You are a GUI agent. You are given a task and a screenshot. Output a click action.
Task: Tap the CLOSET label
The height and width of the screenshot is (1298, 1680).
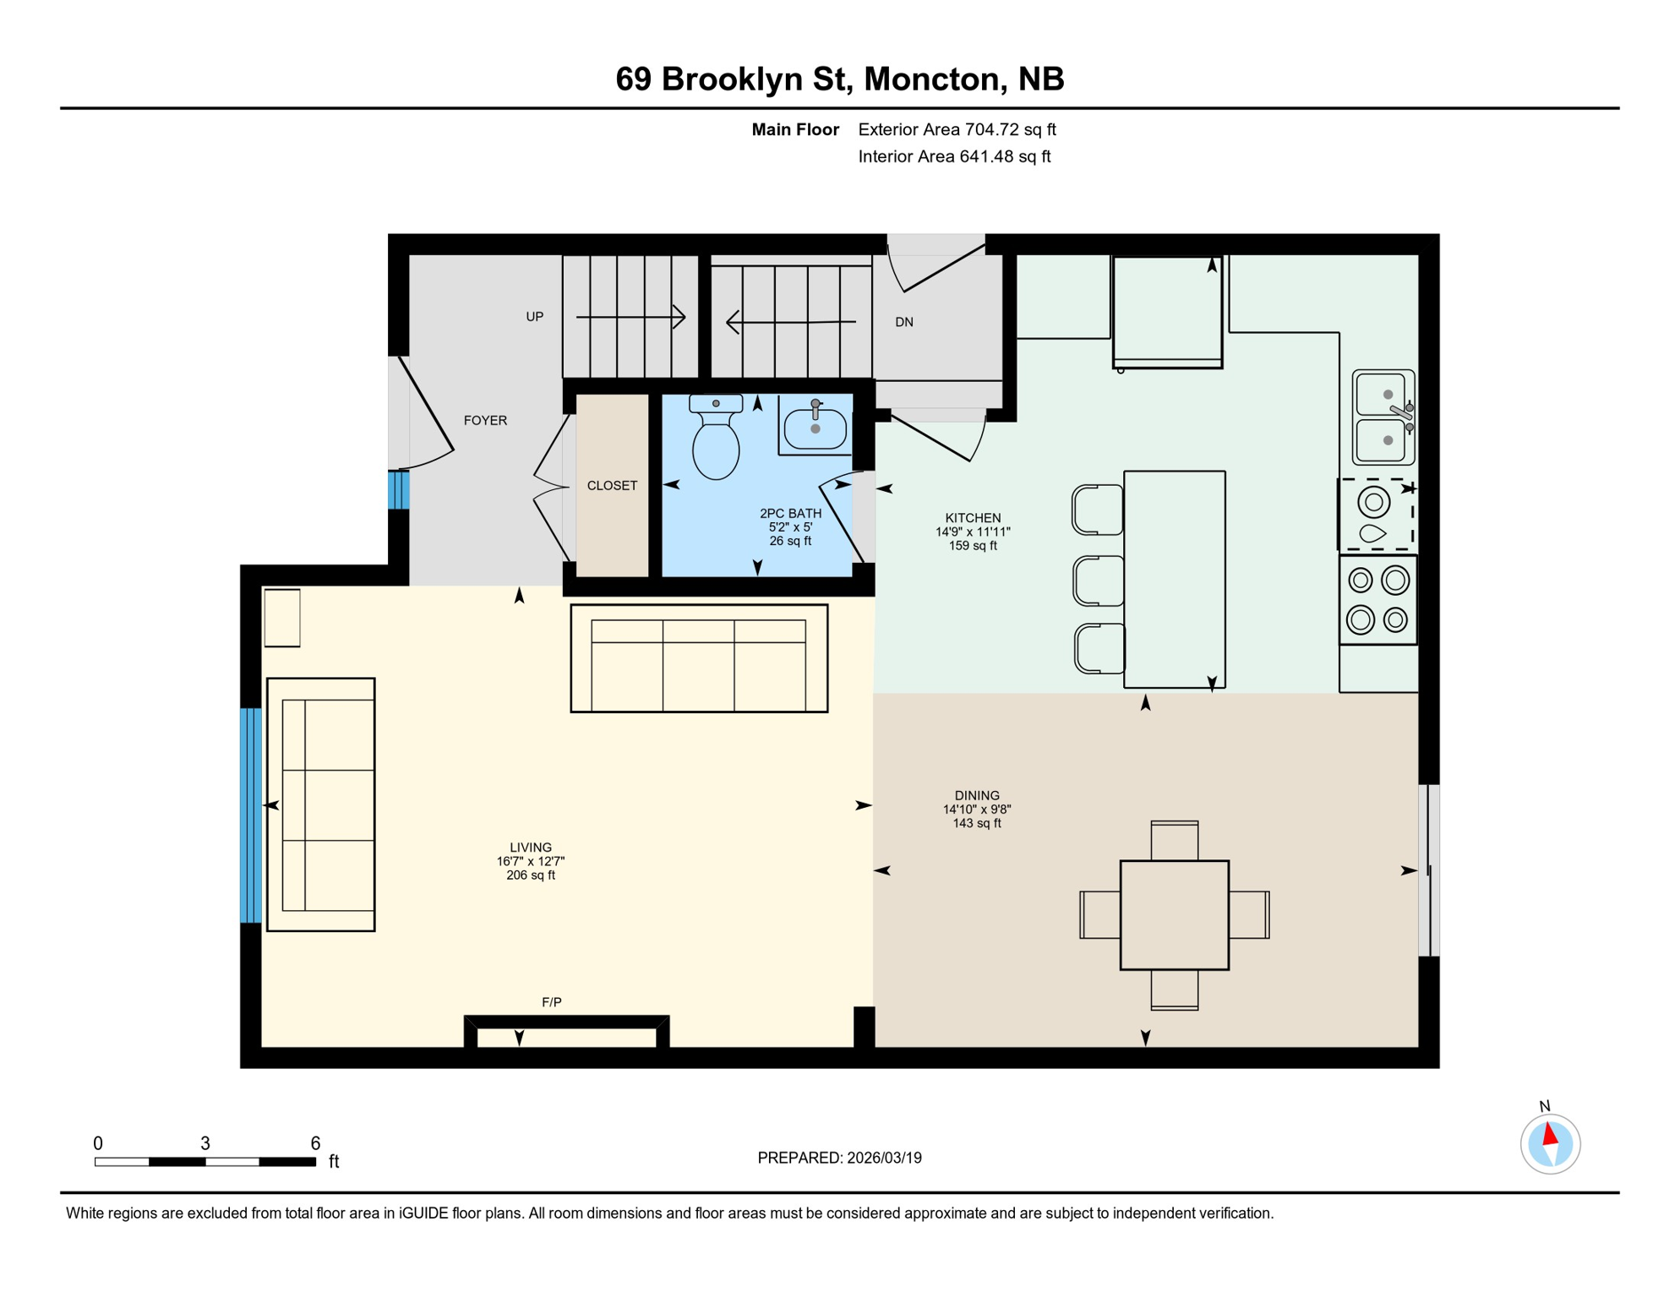pyautogui.click(x=612, y=486)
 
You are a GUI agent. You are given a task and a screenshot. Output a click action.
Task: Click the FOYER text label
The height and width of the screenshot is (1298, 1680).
pyautogui.click(x=485, y=421)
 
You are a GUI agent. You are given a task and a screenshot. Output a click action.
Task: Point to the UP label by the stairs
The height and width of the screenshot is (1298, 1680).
pyautogui.click(x=534, y=317)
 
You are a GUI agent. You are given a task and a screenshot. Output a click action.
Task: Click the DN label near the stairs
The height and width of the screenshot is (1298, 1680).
pyautogui.click(x=904, y=322)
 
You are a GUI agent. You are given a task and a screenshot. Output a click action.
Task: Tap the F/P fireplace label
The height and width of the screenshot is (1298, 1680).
pyautogui.click(x=551, y=1002)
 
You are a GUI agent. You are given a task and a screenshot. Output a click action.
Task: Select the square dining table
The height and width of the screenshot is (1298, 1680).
pyautogui.click(x=1174, y=915)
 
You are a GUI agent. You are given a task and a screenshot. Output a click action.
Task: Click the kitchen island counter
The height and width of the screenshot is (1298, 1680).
pyautogui.click(x=1174, y=579)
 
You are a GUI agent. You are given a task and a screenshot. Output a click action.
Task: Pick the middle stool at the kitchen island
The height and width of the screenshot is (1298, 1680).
pyautogui.click(x=1098, y=581)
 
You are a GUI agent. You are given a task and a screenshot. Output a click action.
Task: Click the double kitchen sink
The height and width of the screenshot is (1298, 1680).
pyautogui.click(x=1383, y=417)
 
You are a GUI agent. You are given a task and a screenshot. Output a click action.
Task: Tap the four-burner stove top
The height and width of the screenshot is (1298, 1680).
pyautogui.click(x=1377, y=600)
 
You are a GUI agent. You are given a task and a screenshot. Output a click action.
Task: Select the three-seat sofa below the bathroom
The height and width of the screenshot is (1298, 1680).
pyautogui.click(x=699, y=658)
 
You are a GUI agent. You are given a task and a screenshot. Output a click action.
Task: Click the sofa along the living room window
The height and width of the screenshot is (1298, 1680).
pyautogui.click(x=321, y=804)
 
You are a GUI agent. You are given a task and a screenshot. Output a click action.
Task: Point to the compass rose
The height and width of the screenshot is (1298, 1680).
pyautogui.click(x=1550, y=1144)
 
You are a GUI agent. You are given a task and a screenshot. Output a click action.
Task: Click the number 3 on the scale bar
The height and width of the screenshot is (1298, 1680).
pyautogui.click(x=205, y=1143)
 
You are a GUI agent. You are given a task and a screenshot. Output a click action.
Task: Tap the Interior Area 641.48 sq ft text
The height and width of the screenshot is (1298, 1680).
pyautogui.click(x=954, y=156)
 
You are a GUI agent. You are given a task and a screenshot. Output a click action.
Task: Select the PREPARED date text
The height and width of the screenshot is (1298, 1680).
pyautogui.click(x=839, y=1158)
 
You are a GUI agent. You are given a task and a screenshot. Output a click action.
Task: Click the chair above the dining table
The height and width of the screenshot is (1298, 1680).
pyautogui.click(x=1174, y=841)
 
